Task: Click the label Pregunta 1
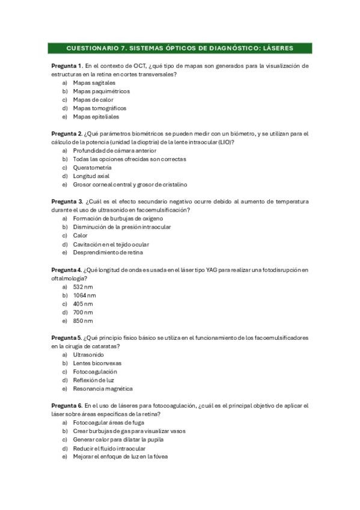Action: pyautogui.click(x=67, y=65)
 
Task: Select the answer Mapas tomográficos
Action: pyautogui.click(x=99, y=108)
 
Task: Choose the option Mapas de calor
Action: pyautogui.click(x=93, y=100)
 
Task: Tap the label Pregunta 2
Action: pyautogui.click(x=67, y=133)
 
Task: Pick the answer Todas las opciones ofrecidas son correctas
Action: pyautogui.click(x=129, y=159)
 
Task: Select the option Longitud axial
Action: pyautogui.click(x=91, y=176)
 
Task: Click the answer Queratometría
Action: pyautogui.click(x=92, y=168)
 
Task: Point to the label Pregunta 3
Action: pyautogui.click(x=67, y=201)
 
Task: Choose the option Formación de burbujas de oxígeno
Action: pyautogui.click(x=118, y=219)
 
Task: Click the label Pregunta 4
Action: pyautogui.click(x=66, y=269)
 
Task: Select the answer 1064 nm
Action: pyautogui.click(x=84, y=295)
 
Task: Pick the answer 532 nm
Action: pyautogui.click(x=83, y=287)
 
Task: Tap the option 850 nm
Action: pyautogui.click(x=83, y=321)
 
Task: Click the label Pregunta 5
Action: pyautogui.click(x=66, y=337)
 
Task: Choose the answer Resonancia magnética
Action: pyautogui.click(x=103, y=389)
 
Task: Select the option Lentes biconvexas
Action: pyautogui.click(x=97, y=363)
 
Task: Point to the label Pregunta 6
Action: pyautogui.click(x=67, y=405)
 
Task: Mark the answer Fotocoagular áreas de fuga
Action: pyautogui.click(x=108, y=423)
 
